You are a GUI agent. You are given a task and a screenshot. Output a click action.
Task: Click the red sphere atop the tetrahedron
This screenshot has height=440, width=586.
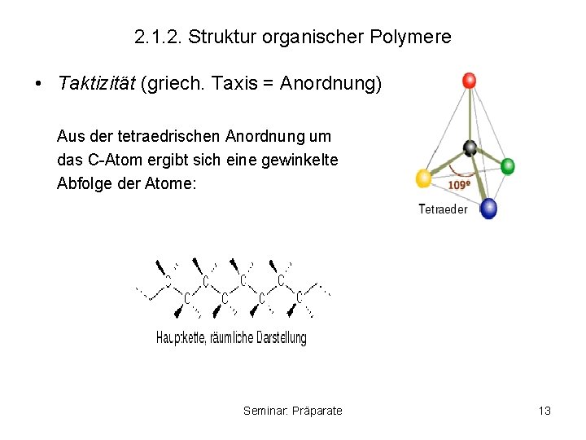(468, 81)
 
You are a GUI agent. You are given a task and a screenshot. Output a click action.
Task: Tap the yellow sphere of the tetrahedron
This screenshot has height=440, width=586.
(423, 178)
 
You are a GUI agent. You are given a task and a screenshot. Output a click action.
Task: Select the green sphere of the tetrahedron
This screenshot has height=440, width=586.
(507, 166)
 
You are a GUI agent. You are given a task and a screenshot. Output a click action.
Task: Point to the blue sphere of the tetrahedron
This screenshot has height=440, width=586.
(488, 208)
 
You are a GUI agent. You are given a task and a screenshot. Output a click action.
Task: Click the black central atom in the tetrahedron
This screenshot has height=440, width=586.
(470, 147)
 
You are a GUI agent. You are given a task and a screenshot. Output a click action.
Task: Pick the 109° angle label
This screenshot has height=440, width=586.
(459, 185)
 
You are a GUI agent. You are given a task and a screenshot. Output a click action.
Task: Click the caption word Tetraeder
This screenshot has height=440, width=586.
(443, 209)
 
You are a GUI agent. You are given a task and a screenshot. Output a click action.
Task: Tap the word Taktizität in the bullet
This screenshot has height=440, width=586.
(97, 84)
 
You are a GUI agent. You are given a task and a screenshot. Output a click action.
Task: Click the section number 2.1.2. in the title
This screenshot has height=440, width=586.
(158, 37)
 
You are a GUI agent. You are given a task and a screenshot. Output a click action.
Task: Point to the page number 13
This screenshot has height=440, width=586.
(544, 411)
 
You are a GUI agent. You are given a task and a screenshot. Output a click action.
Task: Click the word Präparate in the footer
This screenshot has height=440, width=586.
(317, 411)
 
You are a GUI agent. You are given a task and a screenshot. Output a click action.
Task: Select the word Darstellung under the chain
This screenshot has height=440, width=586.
(282, 338)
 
